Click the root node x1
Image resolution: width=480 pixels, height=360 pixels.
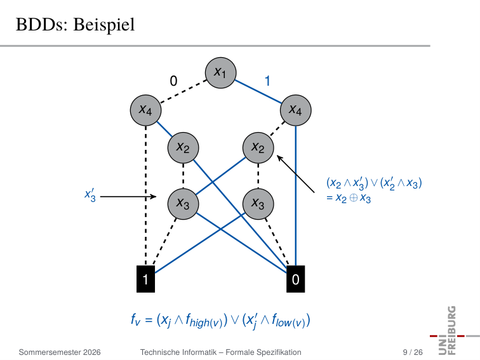click(x=220, y=73)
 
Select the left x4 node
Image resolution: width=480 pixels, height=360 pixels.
click(x=146, y=110)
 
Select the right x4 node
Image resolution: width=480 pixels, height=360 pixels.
click(x=296, y=110)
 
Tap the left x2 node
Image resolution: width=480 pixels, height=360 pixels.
click(x=183, y=148)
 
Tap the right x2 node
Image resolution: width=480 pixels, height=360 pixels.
click(x=258, y=148)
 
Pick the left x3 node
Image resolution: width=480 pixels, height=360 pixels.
click(x=183, y=204)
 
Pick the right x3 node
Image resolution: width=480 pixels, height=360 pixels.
click(x=258, y=204)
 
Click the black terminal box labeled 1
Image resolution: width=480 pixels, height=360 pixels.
click(x=146, y=279)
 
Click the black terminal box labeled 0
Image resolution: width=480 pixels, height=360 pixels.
click(x=296, y=279)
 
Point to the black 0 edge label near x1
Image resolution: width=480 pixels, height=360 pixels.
click(x=173, y=81)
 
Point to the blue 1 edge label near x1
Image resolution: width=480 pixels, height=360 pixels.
click(x=267, y=81)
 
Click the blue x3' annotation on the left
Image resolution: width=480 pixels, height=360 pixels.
click(x=90, y=196)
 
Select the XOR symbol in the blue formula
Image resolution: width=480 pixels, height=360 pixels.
click(x=353, y=198)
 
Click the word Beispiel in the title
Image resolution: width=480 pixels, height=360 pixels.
click(x=104, y=25)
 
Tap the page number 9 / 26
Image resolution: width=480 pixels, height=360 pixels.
click(x=413, y=352)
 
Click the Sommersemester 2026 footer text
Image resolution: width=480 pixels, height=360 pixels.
click(x=60, y=352)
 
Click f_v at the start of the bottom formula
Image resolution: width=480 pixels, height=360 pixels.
click(x=135, y=320)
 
